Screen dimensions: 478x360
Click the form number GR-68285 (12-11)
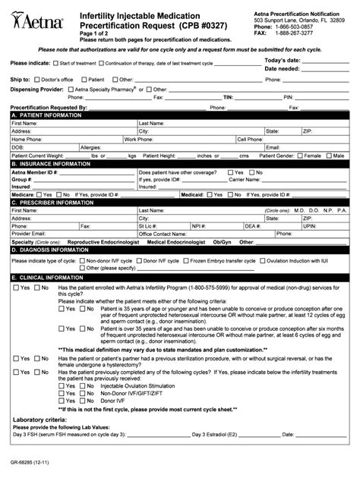coord(32,460)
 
